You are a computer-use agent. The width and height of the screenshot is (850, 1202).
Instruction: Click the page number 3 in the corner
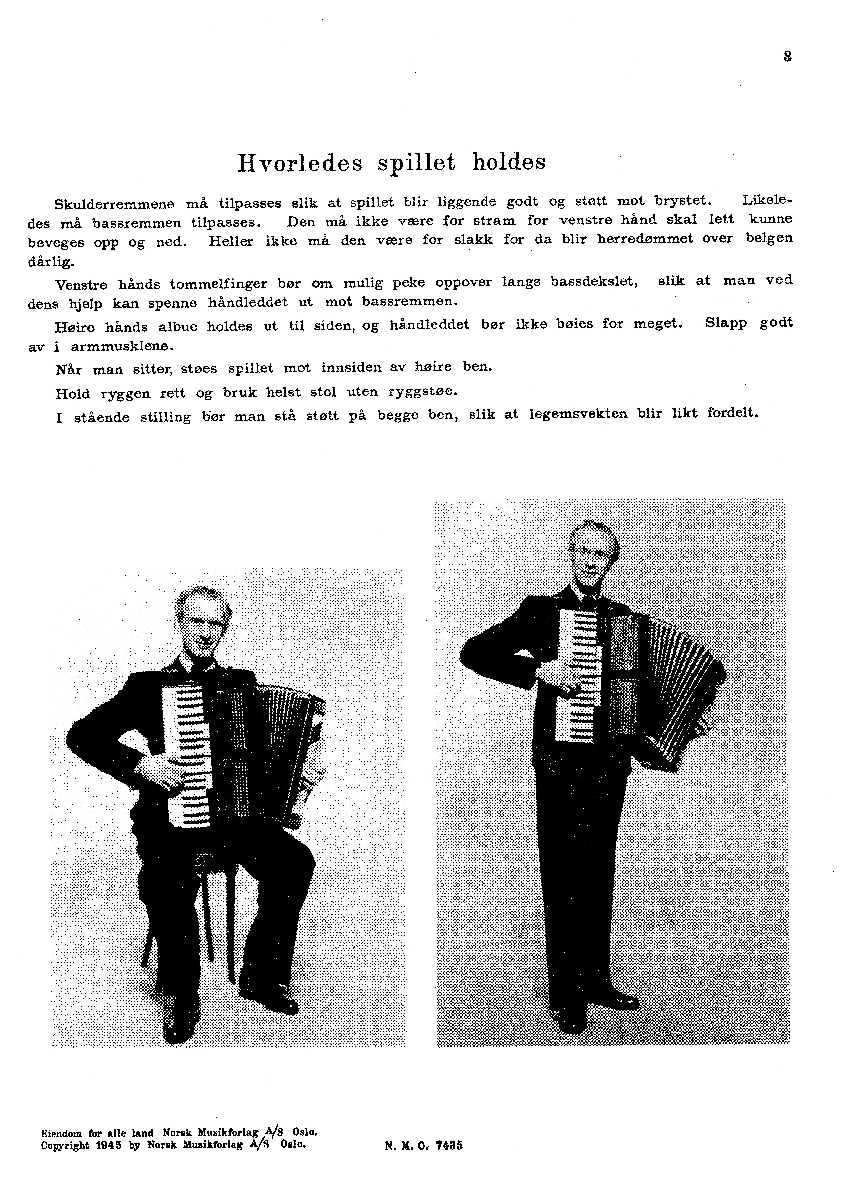[787, 56]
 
